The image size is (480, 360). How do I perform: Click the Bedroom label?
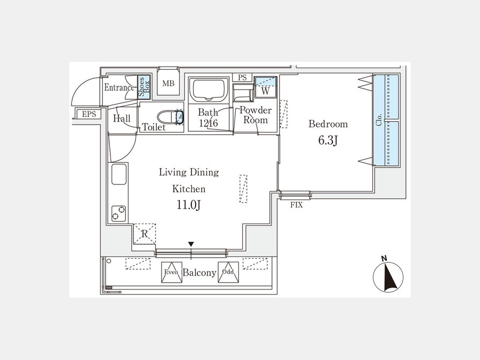pos(328,124)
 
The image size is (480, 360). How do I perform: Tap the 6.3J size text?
pos(328,140)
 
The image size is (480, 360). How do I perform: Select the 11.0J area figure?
pos(188,205)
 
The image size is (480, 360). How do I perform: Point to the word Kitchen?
pos(189,189)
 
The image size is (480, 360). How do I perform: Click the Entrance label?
pos(119,87)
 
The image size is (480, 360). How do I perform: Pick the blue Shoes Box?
pos(144,87)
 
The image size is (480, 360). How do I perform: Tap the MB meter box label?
pos(169,83)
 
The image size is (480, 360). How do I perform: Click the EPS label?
pos(89,114)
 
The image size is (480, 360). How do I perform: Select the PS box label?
pos(242,77)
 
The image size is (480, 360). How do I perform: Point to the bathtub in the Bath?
pos(209,90)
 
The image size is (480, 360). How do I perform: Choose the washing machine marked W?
pos(266,87)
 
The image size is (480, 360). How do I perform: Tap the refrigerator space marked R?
pos(145,234)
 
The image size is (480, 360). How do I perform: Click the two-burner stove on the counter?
pos(118,213)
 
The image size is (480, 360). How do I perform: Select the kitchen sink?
pos(119,174)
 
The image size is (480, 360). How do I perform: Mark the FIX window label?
pos(297,205)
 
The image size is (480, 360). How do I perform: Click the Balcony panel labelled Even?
pos(171,272)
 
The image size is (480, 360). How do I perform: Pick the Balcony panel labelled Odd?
pos(228,272)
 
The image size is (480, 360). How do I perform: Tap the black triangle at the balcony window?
pos(191,244)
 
